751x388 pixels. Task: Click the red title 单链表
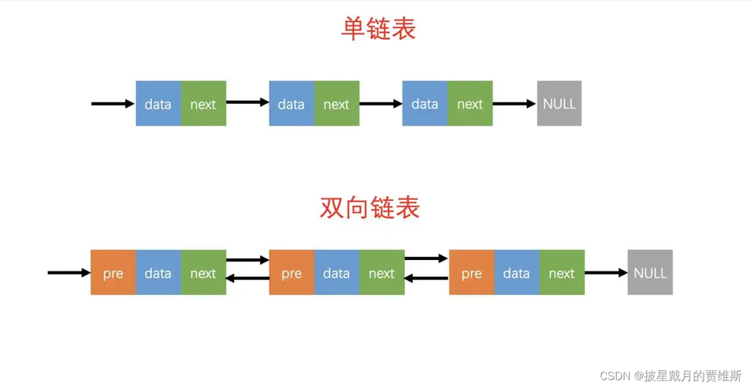pos(378,29)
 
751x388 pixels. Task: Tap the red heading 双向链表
pos(370,208)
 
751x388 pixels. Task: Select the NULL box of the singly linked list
pos(559,103)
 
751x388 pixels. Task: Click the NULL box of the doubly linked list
pos(650,272)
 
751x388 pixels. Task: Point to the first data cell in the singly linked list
pos(158,103)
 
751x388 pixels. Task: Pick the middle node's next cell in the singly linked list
pos(337,103)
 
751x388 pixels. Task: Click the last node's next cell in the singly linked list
pos(470,103)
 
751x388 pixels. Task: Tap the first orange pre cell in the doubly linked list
pos(113,272)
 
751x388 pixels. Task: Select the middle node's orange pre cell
pos(292,272)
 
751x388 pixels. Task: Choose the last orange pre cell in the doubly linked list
pos(472,272)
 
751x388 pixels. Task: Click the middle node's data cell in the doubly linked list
pos(337,272)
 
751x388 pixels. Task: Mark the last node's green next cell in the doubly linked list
pos(562,272)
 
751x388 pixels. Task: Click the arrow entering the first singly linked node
pos(113,103)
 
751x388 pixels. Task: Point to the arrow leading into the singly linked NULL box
pos(514,103)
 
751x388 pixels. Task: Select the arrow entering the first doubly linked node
pos(69,272)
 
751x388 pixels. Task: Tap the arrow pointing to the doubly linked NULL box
pos(606,272)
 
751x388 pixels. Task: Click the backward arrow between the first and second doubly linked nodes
pos(247,278)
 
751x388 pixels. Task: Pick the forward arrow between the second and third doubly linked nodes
pos(426,258)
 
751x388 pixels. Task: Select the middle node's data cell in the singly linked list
pos(292,103)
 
